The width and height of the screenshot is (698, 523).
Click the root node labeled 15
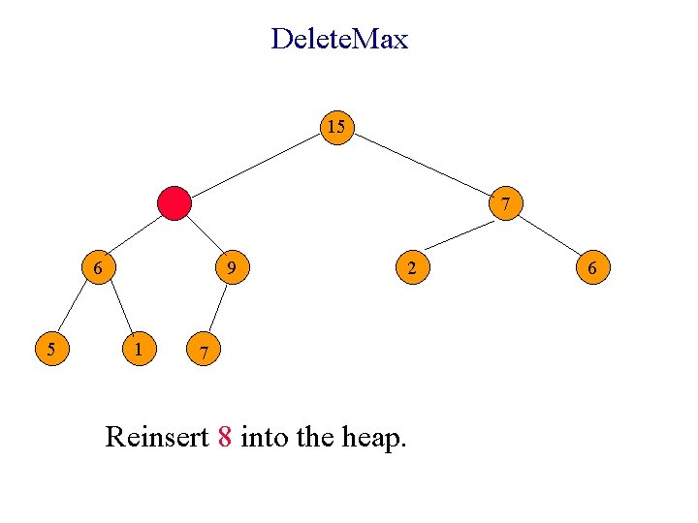(336, 127)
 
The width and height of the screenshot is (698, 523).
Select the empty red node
(174, 203)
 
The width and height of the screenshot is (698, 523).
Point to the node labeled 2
(412, 267)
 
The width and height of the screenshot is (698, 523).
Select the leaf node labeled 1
(141, 348)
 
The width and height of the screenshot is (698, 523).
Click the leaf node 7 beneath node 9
(202, 349)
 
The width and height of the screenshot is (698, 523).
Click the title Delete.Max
(339, 40)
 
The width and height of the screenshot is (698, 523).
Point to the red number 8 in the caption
(224, 438)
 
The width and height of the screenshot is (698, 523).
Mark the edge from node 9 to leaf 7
(217, 308)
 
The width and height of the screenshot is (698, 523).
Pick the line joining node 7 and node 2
(460, 236)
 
